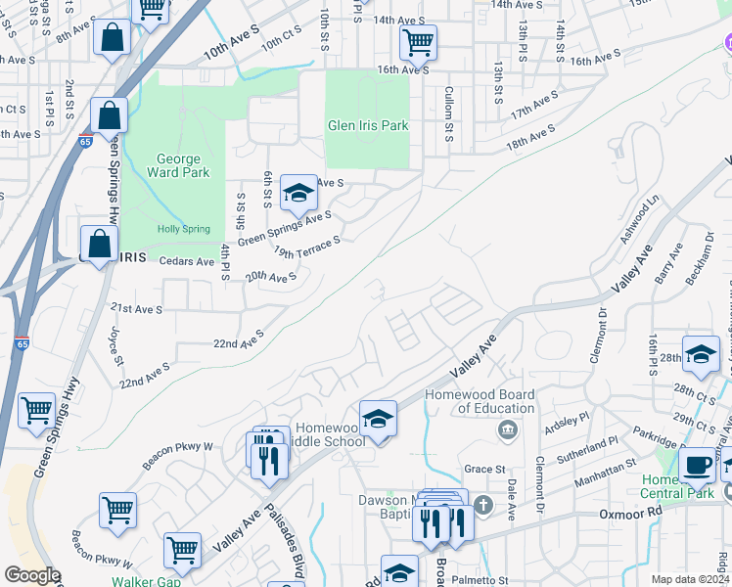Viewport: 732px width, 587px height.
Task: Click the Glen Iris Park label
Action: [x=367, y=125]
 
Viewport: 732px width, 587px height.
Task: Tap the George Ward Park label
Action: [x=178, y=166]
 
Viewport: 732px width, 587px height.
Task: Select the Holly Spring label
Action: [x=183, y=229]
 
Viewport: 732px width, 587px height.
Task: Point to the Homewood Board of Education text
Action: [x=480, y=402]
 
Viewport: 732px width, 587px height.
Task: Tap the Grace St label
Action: [x=483, y=470]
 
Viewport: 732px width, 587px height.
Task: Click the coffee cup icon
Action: [x=697, y=465]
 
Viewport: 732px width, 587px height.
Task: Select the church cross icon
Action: [x=483, y=506]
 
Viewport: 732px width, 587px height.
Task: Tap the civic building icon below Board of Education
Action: [x=507, y=429]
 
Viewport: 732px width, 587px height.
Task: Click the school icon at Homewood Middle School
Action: [x=378, y=418]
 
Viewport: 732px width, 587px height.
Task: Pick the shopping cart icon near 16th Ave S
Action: [x=418, y=42]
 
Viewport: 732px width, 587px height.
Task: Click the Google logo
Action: [x=32, y=575]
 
